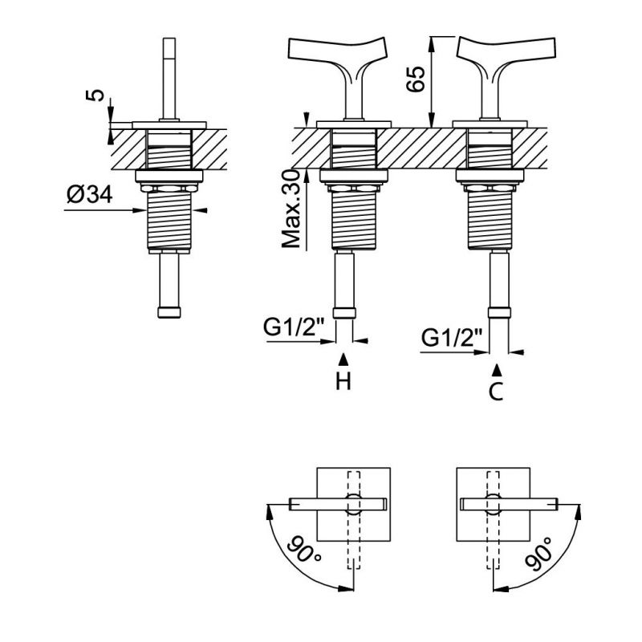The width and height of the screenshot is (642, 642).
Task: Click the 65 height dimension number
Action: (x=415, y=79)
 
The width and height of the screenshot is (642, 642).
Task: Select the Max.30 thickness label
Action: (x=291, y=209)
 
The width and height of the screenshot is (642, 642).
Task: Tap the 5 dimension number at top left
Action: (x=95, y=95)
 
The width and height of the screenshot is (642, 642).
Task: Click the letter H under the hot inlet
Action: (x=343, y=382)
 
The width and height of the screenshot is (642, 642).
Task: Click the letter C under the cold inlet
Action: (x=496, y=392)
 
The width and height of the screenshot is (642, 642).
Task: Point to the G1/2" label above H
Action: (x=294, y=327)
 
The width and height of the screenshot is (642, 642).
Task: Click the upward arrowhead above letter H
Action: (x=343, y=360)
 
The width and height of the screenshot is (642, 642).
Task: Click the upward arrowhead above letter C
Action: (x=497, y=370)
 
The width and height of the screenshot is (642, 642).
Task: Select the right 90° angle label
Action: (x=538, y=554)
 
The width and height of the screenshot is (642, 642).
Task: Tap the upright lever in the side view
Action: (x=169, y=79)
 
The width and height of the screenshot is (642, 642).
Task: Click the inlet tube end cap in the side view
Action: (x=169, y=312)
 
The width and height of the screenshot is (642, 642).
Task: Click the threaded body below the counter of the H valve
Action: (x=354, y=220)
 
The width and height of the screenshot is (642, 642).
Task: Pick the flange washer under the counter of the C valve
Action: (x=490, y=176)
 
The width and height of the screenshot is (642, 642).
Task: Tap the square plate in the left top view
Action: (x=354, y=504)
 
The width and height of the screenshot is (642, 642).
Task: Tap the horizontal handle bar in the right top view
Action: (x=509, y=504)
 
